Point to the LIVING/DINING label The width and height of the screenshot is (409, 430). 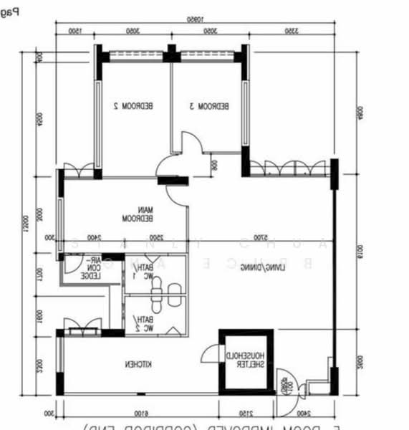(260, 267)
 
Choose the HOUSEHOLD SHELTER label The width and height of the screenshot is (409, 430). (246, 360)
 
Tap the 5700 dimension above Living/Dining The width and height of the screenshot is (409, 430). (263, 238)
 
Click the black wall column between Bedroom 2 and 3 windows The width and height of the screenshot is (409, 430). (171, 53)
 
